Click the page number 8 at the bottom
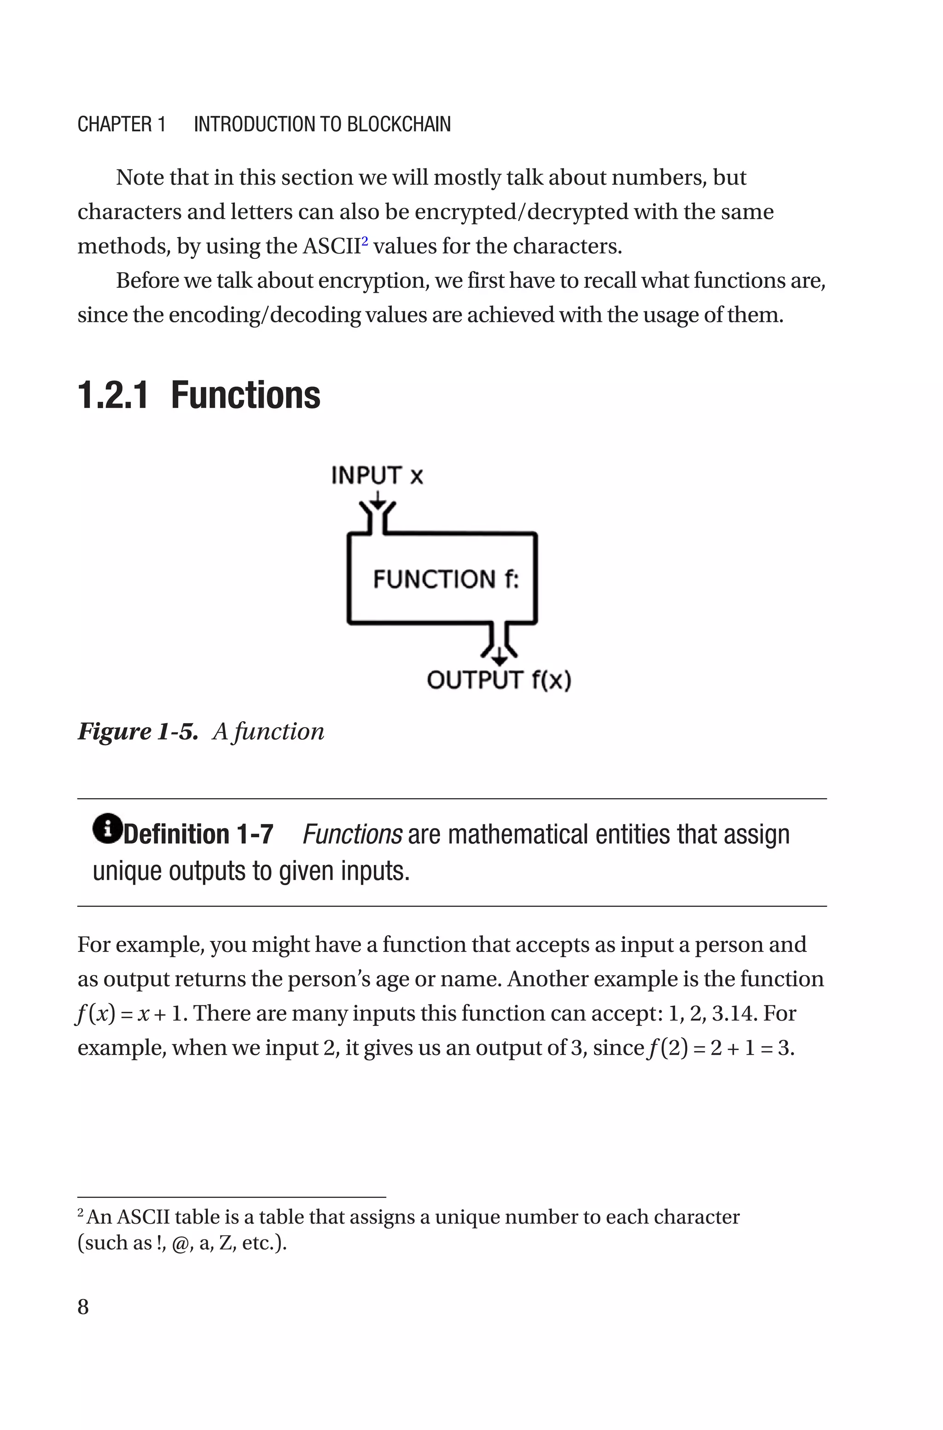[83, 1306]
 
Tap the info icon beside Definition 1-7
[107, 828]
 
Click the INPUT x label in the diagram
[377, 475]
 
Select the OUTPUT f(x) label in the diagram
[499, 680]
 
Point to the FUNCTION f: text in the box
[446, 579]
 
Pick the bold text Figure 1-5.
[138, 731]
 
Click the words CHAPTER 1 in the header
[122, 124]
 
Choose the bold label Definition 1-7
[198, 834]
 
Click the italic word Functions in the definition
[352, 834]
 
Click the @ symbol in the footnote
[179, 1243]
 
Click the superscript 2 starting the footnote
[81, 1213]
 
